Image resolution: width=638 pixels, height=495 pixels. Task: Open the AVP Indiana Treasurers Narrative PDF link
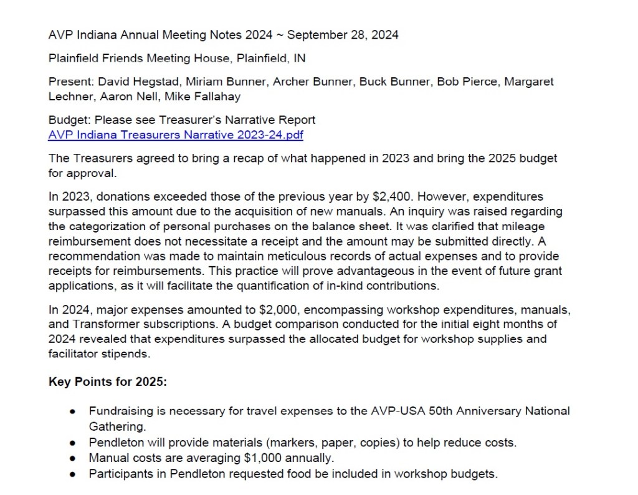point(176,135)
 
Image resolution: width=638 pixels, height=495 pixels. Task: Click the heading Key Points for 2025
point(108,382)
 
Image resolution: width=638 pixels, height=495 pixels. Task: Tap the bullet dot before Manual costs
point(74,459)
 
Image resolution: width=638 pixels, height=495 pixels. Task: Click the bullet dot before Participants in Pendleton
point(74,474)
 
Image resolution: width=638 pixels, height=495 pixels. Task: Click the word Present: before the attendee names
point(70,82)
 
